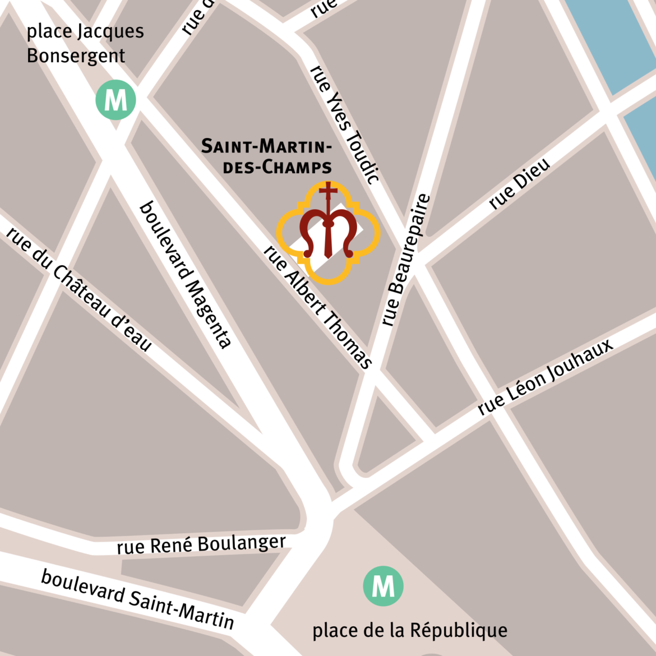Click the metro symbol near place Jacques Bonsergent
tap(116, 100)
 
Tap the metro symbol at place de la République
tap(383, 586)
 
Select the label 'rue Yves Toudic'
tap(345, 124)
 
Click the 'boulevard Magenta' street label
tap(184, 274)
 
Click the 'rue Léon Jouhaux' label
tap(546, 377)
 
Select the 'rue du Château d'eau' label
tap(79, 288)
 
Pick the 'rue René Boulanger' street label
tap(201, 544)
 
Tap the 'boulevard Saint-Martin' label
tap(138, 599)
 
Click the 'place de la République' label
tap(410, 630)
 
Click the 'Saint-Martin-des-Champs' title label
tap(267, 156)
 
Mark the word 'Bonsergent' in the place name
tap(76, 56)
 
